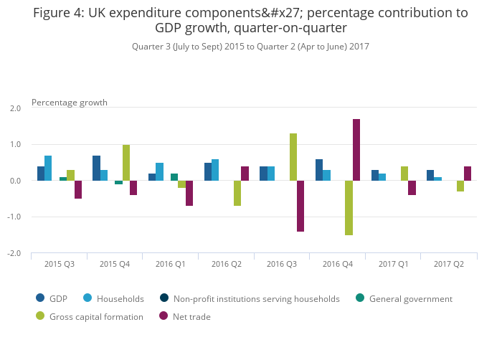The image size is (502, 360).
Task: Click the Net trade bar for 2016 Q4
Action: (x=356, y=150)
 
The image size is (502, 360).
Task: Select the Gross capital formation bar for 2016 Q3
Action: (x=293, y=157)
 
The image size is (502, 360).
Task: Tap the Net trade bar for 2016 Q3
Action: (x=300, y=206)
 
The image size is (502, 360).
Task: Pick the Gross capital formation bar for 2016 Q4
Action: (x=349, y=208)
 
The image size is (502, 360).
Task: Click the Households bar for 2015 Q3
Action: (x=48, y=169)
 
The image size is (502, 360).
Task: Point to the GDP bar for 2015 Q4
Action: (x=96, y=169)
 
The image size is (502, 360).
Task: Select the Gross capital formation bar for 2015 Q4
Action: (x=126, y=163)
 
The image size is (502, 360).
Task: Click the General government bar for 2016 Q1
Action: (x=174, y=177)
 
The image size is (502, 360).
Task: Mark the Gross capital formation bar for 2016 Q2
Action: (x=237, y=194)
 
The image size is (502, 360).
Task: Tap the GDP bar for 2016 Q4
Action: (x=319, y=170)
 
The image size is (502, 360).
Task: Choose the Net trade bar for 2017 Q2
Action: (x=468, y=174)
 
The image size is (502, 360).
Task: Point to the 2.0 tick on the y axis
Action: (x=15, y=108)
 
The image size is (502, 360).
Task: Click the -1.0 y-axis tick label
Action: (x=15, y=217)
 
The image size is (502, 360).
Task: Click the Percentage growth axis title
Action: (x=70, y=103)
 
